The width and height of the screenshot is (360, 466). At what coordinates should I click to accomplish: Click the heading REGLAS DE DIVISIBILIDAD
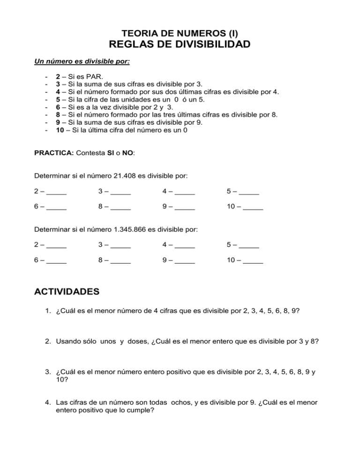tap(180, 45)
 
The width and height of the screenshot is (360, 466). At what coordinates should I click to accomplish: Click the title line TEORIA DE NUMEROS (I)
tap(180, 33)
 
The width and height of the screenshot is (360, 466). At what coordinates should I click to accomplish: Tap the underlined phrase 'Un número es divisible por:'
tap(82, 61)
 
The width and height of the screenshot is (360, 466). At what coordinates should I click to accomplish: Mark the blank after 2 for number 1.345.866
tap(56, 246)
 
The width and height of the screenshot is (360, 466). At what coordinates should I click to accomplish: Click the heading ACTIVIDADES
tap(67, 291)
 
